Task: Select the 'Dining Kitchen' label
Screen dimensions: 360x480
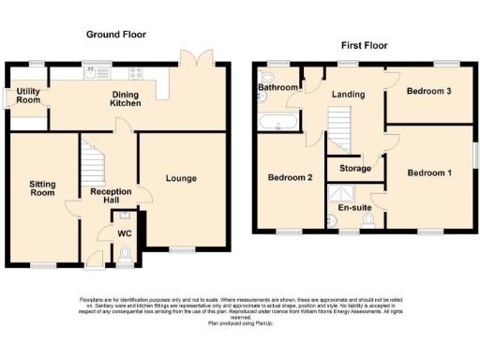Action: click(x=127, y=99)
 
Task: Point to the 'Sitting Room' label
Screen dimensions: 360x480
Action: click(x=42, y=188)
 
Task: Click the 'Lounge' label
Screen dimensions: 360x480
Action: click(x=182, y=178)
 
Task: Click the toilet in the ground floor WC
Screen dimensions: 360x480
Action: click(x=126, y=250)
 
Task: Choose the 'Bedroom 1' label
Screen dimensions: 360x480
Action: click(x=427, y=172)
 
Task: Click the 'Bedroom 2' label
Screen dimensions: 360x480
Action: click(x=290, y=177)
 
